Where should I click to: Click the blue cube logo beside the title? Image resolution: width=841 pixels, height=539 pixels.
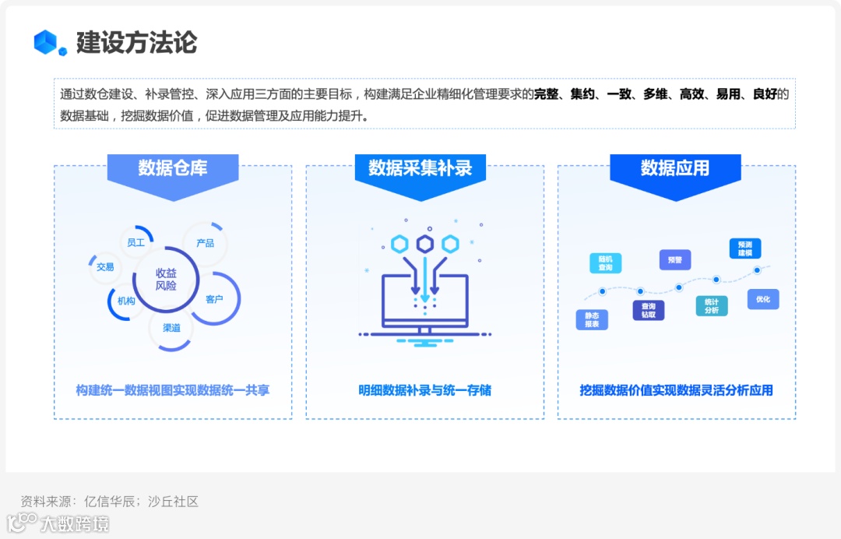click(x=46, y=42)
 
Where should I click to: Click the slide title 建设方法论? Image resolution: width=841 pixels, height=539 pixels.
click(x=136, y=42)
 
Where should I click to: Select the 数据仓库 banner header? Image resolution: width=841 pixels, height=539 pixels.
click(x=173, y=168)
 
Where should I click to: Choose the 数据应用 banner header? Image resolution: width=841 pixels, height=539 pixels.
click(x=675, y=168)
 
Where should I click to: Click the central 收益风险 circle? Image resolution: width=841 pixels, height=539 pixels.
click(x=166, y=280)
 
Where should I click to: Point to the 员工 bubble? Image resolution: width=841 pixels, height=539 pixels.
click(x=136, y=242)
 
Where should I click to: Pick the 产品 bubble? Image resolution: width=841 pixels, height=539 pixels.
click(x=205, y=243)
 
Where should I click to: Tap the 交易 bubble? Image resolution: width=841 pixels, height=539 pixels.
click(x=105, y=267)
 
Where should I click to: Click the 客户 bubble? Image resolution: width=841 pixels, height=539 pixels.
click(x=214, y=299)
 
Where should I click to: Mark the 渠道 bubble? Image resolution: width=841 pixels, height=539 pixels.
click(x=171, y=328)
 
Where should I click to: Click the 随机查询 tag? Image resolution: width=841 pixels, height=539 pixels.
click(x=606, y=262)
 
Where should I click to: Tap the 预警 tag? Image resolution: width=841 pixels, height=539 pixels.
click(x=674, y=260)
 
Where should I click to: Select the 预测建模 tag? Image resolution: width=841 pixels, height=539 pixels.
click(x=745, y=248)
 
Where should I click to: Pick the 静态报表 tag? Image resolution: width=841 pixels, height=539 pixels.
click(x=592, y=319)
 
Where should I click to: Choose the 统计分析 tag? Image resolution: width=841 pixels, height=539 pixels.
click(x=712, y=305)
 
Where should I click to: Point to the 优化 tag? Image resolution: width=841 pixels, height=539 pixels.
click(x=762, y=299)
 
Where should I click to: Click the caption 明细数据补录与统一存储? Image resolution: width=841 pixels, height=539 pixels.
click(x=424, y=390)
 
